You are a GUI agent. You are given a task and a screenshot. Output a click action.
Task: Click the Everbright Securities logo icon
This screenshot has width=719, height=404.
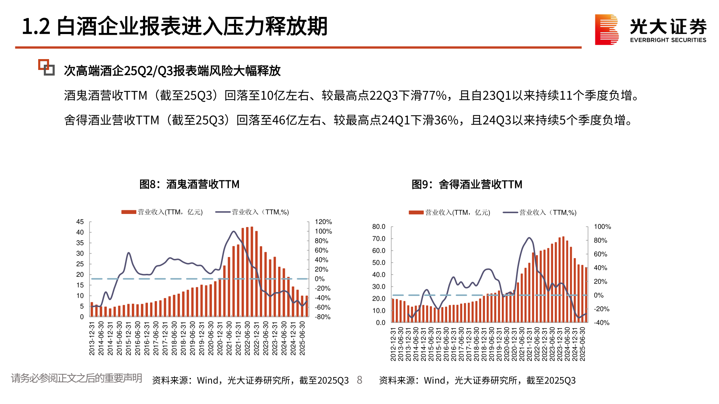[x=606, y=30]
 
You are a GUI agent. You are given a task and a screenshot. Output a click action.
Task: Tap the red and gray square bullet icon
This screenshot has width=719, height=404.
[x=46, y=67]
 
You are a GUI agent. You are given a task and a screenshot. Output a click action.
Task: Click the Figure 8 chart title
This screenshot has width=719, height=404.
[x=189, y=184]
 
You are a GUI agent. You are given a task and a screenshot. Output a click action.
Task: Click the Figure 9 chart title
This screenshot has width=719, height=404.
[x=467, y=184]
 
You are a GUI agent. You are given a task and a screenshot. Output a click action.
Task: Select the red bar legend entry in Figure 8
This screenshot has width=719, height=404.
[x=162, y=212]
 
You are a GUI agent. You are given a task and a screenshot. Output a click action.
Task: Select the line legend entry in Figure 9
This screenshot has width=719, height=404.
[x=539, y=212]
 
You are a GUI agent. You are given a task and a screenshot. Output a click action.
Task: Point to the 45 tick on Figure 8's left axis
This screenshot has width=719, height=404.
[x=80, y=222]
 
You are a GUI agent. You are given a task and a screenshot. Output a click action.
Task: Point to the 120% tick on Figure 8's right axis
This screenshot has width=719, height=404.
[x=323, y=222]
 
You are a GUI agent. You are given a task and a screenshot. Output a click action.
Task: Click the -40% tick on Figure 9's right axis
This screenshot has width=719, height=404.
[x=601, y=322]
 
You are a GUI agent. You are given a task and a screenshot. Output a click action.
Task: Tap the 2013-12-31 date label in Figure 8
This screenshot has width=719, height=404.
[x=92, y=338]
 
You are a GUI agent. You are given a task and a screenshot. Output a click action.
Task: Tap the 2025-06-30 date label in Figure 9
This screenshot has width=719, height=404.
[x=582, y=344]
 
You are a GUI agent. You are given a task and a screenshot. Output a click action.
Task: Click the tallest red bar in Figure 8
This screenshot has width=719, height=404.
[x=252, y=272]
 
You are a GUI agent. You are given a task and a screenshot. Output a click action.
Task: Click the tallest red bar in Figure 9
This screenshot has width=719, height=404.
[x=563, y=279]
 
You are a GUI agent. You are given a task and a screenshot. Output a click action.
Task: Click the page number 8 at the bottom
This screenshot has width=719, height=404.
[x=359, y=380]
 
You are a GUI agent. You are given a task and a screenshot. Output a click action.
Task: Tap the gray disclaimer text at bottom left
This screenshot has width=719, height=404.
[x=76, y=378]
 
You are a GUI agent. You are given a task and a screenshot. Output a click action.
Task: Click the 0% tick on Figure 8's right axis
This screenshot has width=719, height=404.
[x=319, y=279]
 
